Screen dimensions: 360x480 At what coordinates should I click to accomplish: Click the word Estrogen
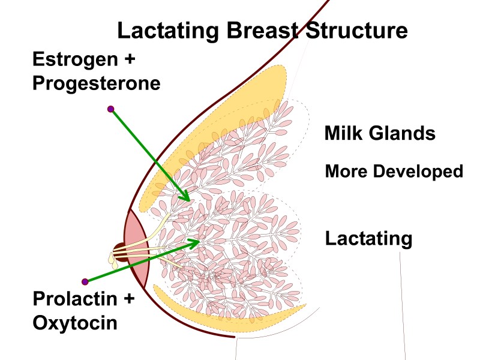tap(71, 59)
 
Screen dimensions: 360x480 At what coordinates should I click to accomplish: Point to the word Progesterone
tap(97, 83)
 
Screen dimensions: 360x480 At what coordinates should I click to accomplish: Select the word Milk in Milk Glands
tap(343, 133)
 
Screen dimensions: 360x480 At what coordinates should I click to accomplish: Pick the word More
tap(346, 172)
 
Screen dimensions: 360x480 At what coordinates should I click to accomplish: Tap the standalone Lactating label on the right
tap(368, 239)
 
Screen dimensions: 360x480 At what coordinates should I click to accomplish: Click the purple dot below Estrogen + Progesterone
tap(110, 109)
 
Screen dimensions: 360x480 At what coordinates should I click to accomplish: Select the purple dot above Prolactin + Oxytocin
tap(85, 281)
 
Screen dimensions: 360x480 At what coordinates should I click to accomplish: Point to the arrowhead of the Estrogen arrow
tap(187, 198)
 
